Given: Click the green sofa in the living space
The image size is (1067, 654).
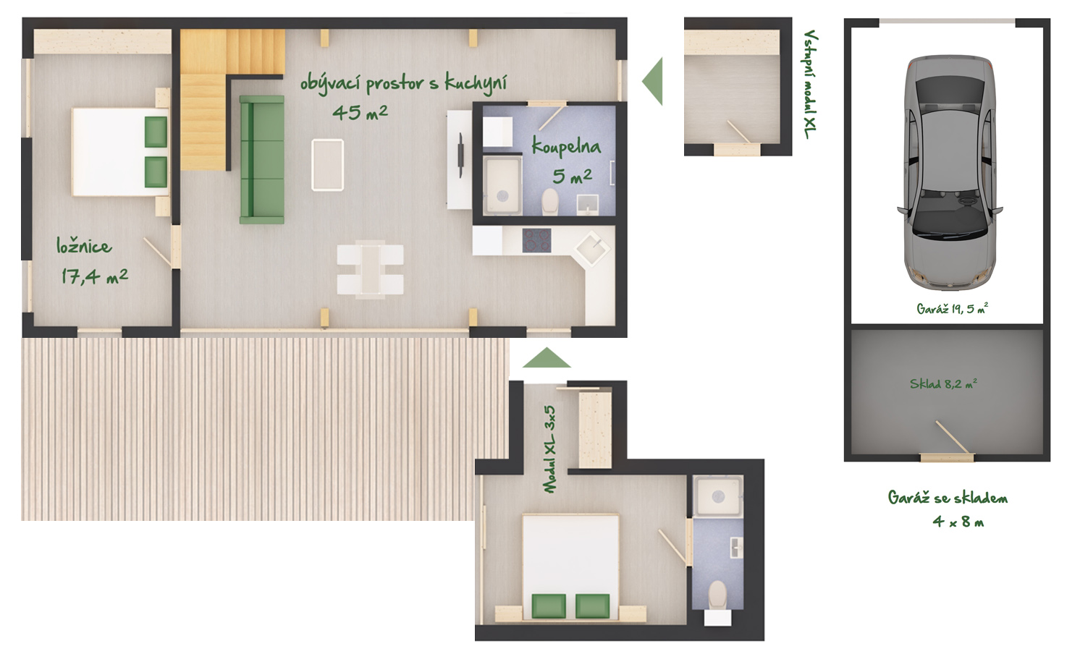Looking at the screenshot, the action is coord(262,159).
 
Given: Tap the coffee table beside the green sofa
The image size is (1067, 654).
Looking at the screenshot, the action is coord(327,165).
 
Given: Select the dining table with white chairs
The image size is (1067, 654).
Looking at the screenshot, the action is coord(370,269).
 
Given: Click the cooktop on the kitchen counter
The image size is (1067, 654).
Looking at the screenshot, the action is coord(537,240).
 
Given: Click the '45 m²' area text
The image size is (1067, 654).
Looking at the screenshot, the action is coord(360,112).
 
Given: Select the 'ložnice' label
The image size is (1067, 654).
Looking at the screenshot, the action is coord(84,246).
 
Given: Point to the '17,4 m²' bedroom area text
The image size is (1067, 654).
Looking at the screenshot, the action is coord(94,276).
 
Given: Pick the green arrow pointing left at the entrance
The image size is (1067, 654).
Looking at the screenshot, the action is coord(652,81).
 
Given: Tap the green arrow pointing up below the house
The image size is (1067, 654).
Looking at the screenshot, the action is coord(547,357).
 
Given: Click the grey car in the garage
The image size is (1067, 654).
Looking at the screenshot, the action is coord(950,172).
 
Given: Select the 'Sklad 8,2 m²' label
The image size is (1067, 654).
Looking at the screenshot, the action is coord(943,383).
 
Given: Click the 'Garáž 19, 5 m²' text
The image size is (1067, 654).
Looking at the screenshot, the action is coord(952,309).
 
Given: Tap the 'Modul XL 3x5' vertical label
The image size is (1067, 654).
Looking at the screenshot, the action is coord(549,449).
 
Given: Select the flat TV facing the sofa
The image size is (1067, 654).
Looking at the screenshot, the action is coord(460,155).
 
